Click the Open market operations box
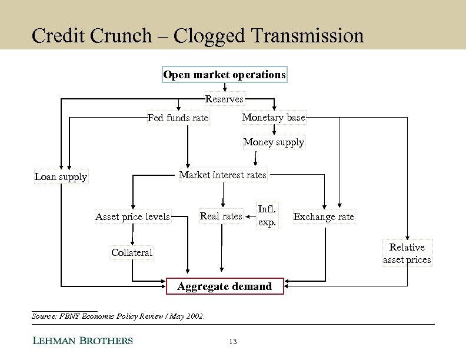point(224,75)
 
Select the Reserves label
point(224,99)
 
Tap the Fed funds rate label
point(178,118)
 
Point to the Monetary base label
point(274,117)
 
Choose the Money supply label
point(274,142)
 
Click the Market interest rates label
point(222,175)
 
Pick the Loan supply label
point(61,176)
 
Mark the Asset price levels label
point(132,216)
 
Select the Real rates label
point(221,216)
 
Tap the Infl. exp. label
point(267,215)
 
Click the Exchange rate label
point(324,216)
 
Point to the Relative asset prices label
point(407,253)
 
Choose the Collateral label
point(132,252)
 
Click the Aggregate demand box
point(225,286)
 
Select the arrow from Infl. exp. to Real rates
point(249,216)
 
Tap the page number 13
point(233,341)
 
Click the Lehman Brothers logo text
point(82,341)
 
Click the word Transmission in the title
point(307,35)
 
